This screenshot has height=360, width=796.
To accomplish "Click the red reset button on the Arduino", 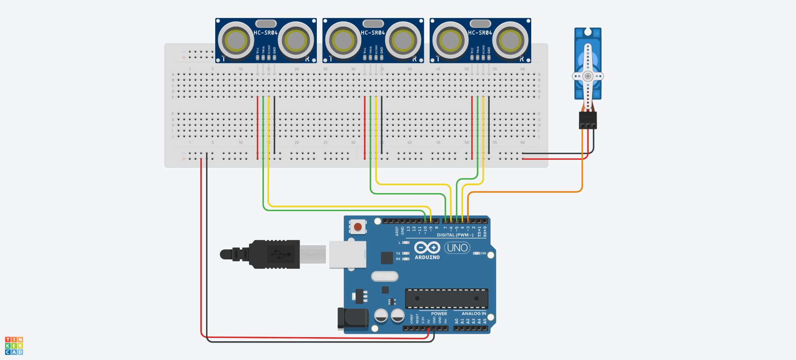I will coord(358,227).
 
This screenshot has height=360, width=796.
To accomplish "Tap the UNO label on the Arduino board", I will coord(457,248).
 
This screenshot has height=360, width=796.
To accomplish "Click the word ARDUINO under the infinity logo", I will coord(427,258).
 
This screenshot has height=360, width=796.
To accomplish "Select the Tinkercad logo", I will coord(14,346).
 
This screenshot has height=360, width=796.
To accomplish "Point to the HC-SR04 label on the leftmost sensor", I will coord(266,33).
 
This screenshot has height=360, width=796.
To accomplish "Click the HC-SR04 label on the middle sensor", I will coord(373,33).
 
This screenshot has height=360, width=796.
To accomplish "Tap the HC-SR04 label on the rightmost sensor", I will coord(480,33).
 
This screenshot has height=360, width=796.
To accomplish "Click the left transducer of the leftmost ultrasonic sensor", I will coord(236,41).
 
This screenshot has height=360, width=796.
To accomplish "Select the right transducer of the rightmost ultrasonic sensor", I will coord(510,41).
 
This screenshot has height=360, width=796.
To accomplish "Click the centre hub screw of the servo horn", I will coord(588,76).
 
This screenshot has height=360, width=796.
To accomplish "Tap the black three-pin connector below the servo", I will coord(588,120).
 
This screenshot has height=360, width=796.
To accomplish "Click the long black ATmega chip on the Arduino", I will coord(446,298).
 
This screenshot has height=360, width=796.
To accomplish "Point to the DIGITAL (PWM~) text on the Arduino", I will coord(455,235).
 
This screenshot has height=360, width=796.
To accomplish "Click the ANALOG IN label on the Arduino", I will coord(474,314).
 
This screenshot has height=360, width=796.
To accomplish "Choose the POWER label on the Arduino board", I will coord(439,314).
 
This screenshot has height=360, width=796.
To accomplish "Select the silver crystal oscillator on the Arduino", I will coord(385,276).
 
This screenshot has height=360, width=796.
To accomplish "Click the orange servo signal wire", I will coord(525,192).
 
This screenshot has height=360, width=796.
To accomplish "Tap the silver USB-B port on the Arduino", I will coord(348,254).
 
